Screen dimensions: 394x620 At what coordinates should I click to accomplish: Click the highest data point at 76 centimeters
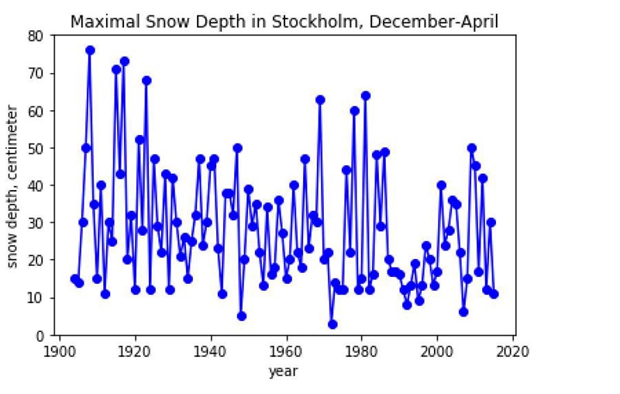tap(90, 50)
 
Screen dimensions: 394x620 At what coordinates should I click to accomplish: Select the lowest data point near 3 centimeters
tap(332, 324)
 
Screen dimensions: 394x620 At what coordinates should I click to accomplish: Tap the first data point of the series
tap(75, 279)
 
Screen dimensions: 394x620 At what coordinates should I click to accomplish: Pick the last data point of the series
tap(494, 294)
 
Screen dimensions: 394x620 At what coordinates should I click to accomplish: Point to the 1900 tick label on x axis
tap(60, 350)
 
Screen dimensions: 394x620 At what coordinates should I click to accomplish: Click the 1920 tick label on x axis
tap(136, 350)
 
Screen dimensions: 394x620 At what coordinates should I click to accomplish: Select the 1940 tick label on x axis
tap(211, 350)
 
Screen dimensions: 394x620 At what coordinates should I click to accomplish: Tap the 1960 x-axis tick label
tap(287, 350)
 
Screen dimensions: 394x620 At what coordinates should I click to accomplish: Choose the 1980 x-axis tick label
tap(362, 350)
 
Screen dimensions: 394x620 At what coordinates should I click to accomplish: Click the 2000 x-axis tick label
tap(438, 350)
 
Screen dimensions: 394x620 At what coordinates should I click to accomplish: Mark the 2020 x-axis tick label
tap(513, 350)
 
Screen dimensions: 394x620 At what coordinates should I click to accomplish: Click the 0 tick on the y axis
tap(42, 336)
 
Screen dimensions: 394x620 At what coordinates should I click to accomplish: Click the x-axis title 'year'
tap(283, 372)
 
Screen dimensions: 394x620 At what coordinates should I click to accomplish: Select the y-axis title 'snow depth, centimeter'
tap(13, 186)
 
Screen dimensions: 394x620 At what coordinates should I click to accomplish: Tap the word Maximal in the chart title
tap(99, 21)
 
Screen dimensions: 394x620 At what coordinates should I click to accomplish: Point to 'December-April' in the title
tap(434, 21)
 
